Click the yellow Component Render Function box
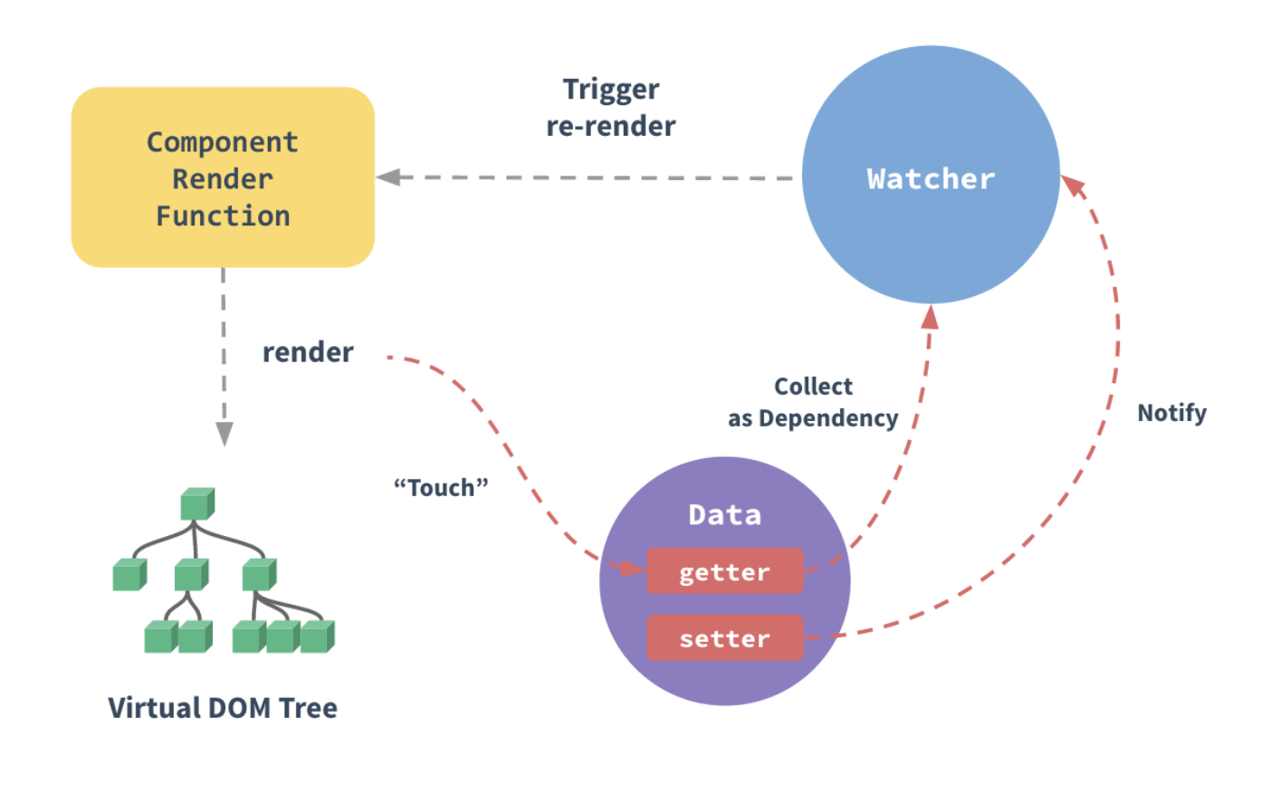point(223,177)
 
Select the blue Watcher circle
point(931,175)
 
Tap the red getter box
point(724,570)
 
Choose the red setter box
point(724,637)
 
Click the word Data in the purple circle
point(724,515)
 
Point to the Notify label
point(1171,414)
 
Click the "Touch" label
point(441,487)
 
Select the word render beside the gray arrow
point(308,352)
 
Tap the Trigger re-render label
point(611,108)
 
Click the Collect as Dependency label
point(813,402)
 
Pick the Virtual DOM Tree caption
point(223,707)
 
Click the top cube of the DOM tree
point(197,503)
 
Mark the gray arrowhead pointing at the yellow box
point(388,177)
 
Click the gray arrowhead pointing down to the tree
point(225,434)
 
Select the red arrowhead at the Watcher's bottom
point(930,317)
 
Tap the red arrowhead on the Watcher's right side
point(1073,185)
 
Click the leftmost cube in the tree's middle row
point(129,575)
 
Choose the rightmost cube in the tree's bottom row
point(318,636)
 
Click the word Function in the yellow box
point(223,216)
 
